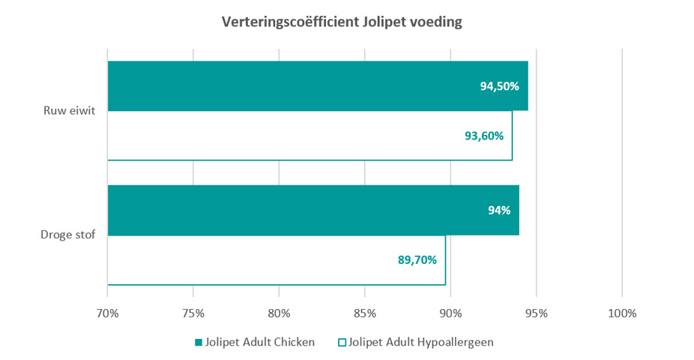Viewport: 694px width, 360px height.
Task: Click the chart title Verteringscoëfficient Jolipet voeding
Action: tap(342, 22)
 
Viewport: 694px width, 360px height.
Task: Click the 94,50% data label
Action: tap(499, 86)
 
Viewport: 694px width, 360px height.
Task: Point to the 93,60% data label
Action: tap(483, 136)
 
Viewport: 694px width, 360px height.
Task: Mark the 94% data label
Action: tap(499, 211)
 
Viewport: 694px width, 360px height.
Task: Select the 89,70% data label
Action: tap(417, 260)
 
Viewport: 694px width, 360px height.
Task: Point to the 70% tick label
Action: tap(108, 313)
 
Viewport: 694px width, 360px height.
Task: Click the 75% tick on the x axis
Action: tap(193, 313)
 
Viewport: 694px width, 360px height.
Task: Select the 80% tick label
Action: tap(279, 313)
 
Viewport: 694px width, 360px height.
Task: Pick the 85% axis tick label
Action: tap(365, 313)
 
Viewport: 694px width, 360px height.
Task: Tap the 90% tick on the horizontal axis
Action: tap(450, 313)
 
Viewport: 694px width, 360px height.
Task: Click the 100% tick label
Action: tap(622, 313)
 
